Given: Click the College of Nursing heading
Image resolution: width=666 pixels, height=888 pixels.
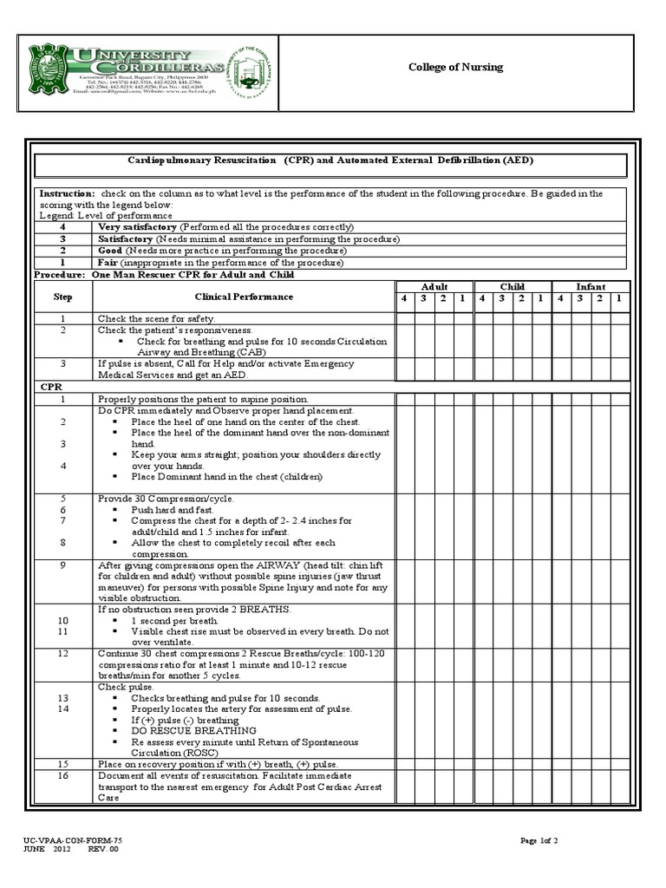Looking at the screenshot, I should pyautogui.click(x=455, y=68).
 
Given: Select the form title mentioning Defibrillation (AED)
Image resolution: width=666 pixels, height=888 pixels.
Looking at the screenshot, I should pyautogui.click(x=330, y=161).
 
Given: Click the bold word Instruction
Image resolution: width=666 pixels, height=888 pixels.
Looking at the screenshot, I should pyautogui.click(x=67, y=193).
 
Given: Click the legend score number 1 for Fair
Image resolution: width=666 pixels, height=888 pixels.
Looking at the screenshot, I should pyautogui.click(x=62, y=263).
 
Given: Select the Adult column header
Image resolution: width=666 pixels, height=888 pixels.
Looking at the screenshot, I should pyautogui.click(x=434, y=286).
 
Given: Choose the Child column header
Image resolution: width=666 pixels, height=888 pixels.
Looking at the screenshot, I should pyautogui.click(x=513, y=286).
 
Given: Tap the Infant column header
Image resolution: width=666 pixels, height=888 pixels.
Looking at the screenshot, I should pyautogui.click(x=591, y=286).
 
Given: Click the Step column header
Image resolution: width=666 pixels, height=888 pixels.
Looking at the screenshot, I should pyautogui.click(x=63, y=297).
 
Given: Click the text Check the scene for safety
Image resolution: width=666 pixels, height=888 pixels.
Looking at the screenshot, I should pyautogui.click(x=157, y=318).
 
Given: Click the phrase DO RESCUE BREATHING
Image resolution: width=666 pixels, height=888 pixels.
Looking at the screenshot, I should pyautogui.click(x=186, y=731).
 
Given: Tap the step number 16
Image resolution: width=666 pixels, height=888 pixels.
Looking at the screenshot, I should pyautogui.click(x=63, y=775).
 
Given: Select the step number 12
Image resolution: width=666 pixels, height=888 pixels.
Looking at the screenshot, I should pyautogui.click(x=63, y=653).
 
